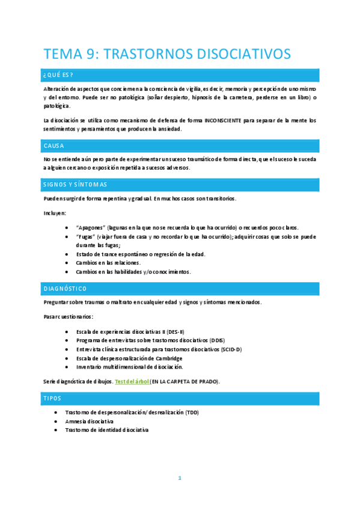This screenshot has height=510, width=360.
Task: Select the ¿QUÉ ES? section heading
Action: coord(58,75)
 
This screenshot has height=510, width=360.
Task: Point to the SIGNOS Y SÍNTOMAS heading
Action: coord(75,184)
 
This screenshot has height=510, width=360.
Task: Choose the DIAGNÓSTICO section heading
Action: coord(66,288)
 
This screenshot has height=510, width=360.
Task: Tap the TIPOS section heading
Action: coord(52,398)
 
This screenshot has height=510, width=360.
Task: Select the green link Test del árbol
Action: coord(132,381)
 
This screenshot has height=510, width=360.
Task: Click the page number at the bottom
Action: coord(179,478)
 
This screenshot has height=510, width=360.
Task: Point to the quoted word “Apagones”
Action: coord(91,227)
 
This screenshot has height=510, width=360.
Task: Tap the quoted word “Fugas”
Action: coord(86,236)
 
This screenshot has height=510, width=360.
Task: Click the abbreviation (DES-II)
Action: coord(175,331)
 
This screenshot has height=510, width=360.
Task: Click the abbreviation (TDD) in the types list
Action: coord(191,412)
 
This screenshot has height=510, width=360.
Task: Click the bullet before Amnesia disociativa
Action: coord(56,421)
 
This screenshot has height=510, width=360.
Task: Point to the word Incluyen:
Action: coord(55,213)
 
